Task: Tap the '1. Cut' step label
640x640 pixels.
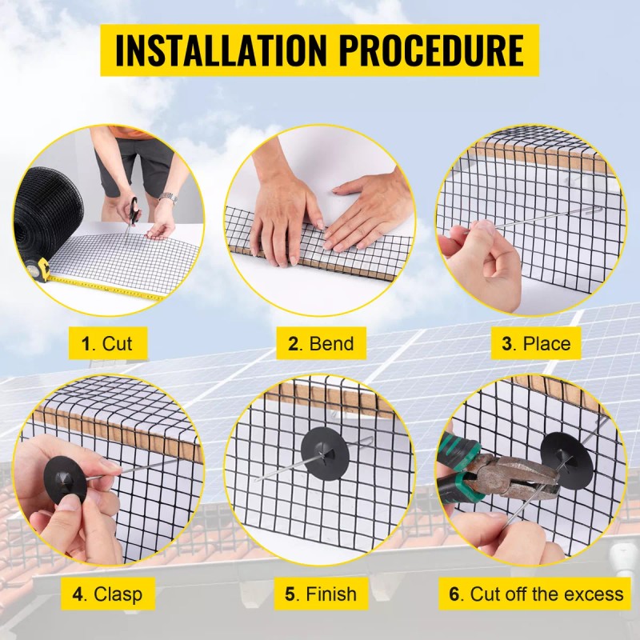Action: coord(106,344)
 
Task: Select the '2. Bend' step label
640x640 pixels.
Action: coord(320,344)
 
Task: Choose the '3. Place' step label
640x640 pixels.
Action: coord(536,344)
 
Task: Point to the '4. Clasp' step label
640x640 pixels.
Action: coord(107,594)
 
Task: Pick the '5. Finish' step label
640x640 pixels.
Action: coord(320,594)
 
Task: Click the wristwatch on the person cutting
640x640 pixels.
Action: coord(167,198)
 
